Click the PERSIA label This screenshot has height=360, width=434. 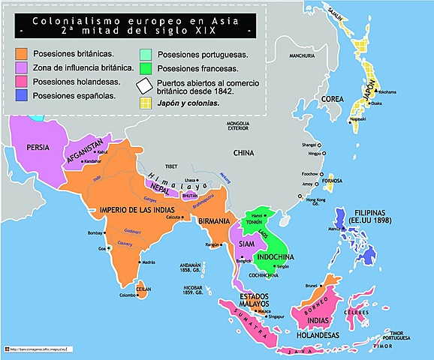click(x=38, y=148)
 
